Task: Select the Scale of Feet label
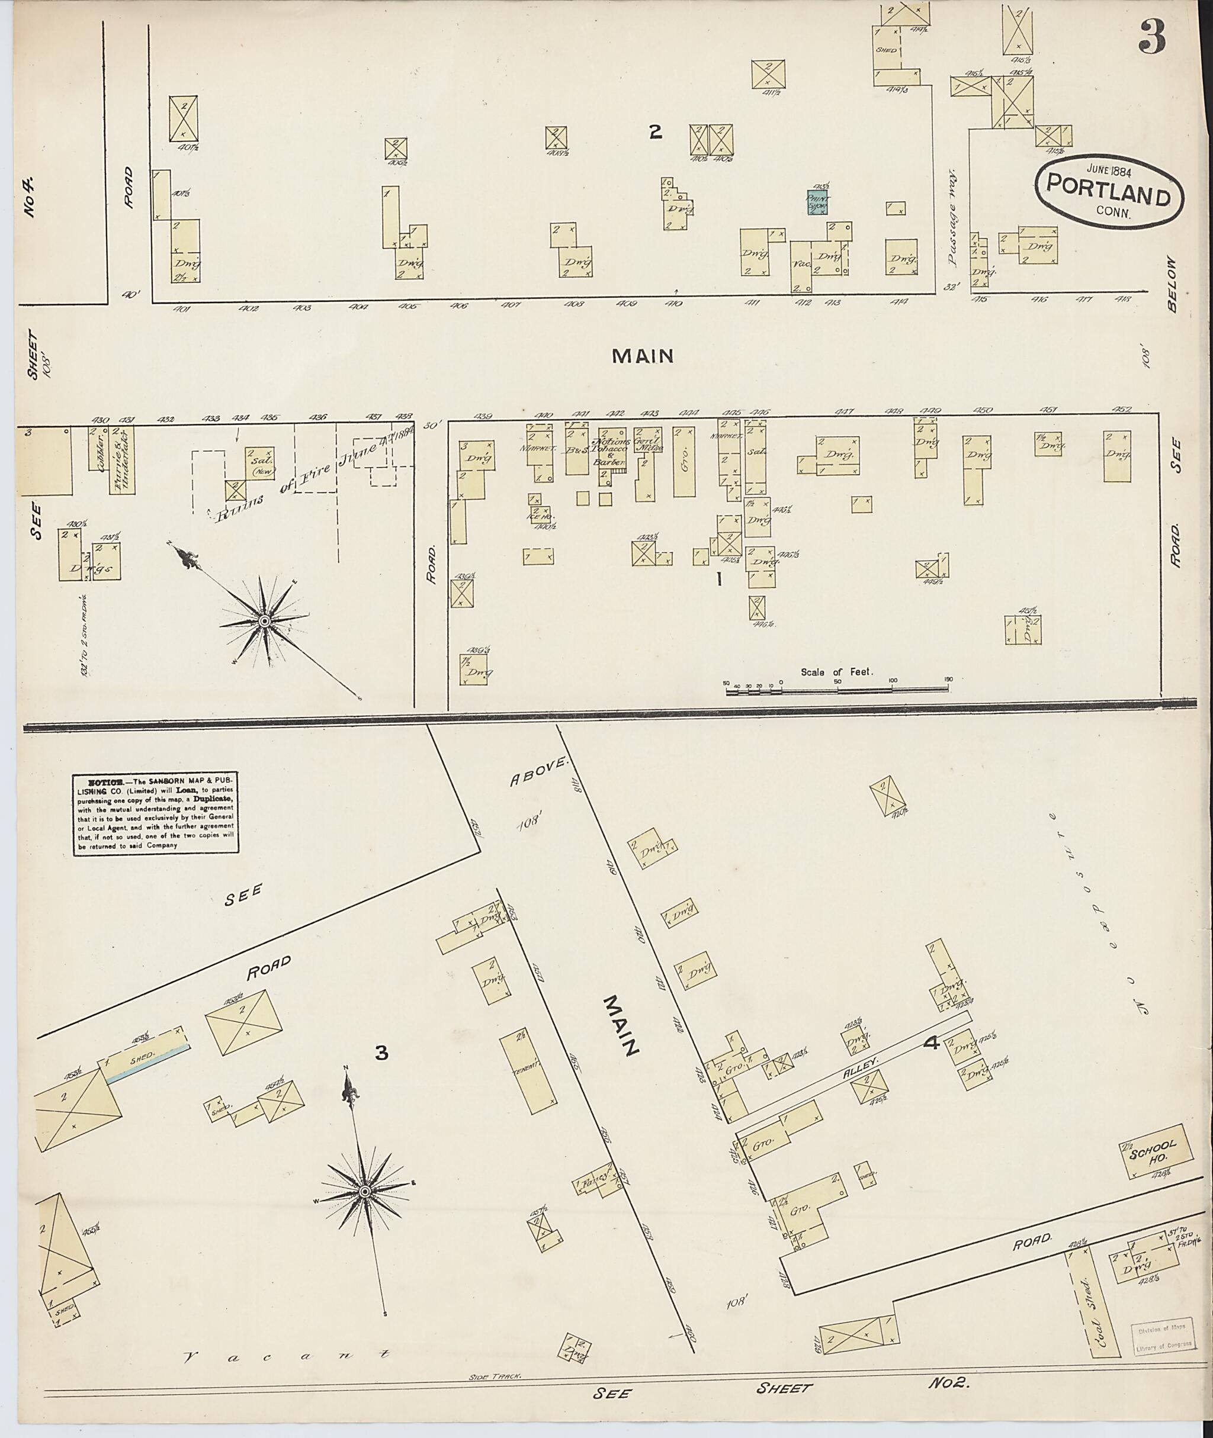[x=836, y=671]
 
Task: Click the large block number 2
[x=655, y=132]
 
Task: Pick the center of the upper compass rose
[x=264, y=622]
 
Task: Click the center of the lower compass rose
[x=365, y=1191]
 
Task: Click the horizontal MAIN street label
[x=642, y=355]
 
